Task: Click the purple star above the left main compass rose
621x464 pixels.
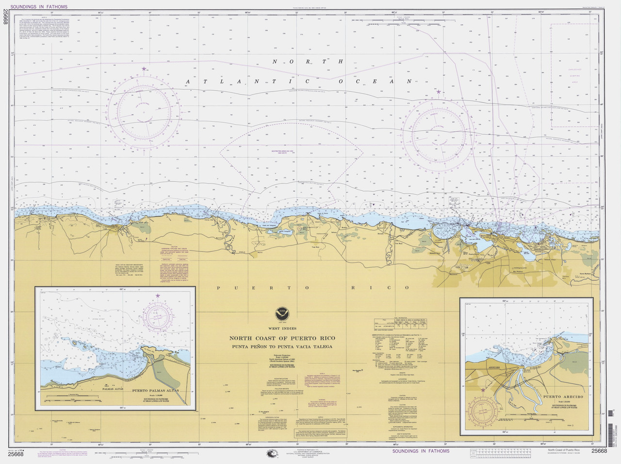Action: point(144,69)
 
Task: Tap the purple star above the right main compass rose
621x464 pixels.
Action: point(439,91)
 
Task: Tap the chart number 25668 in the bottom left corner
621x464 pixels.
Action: point(16,454)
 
